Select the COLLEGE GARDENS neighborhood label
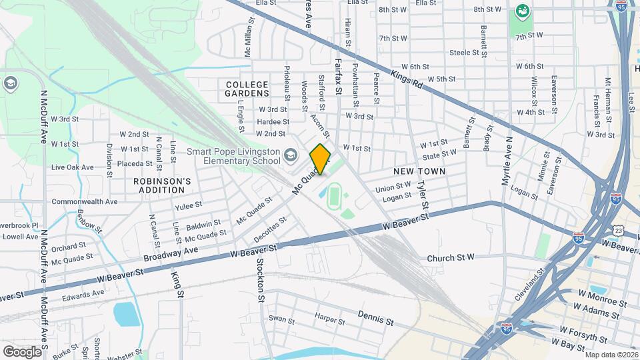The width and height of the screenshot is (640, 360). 247,89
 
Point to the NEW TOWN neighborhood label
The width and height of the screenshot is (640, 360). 419,171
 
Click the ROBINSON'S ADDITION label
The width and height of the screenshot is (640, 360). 163,185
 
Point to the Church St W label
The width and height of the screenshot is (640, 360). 450,258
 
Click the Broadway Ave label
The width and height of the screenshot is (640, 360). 173,254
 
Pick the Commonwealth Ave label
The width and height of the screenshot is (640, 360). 85,201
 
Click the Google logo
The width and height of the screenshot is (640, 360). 21,351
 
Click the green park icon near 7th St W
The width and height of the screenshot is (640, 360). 522,11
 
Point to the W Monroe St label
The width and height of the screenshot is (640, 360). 603,297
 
